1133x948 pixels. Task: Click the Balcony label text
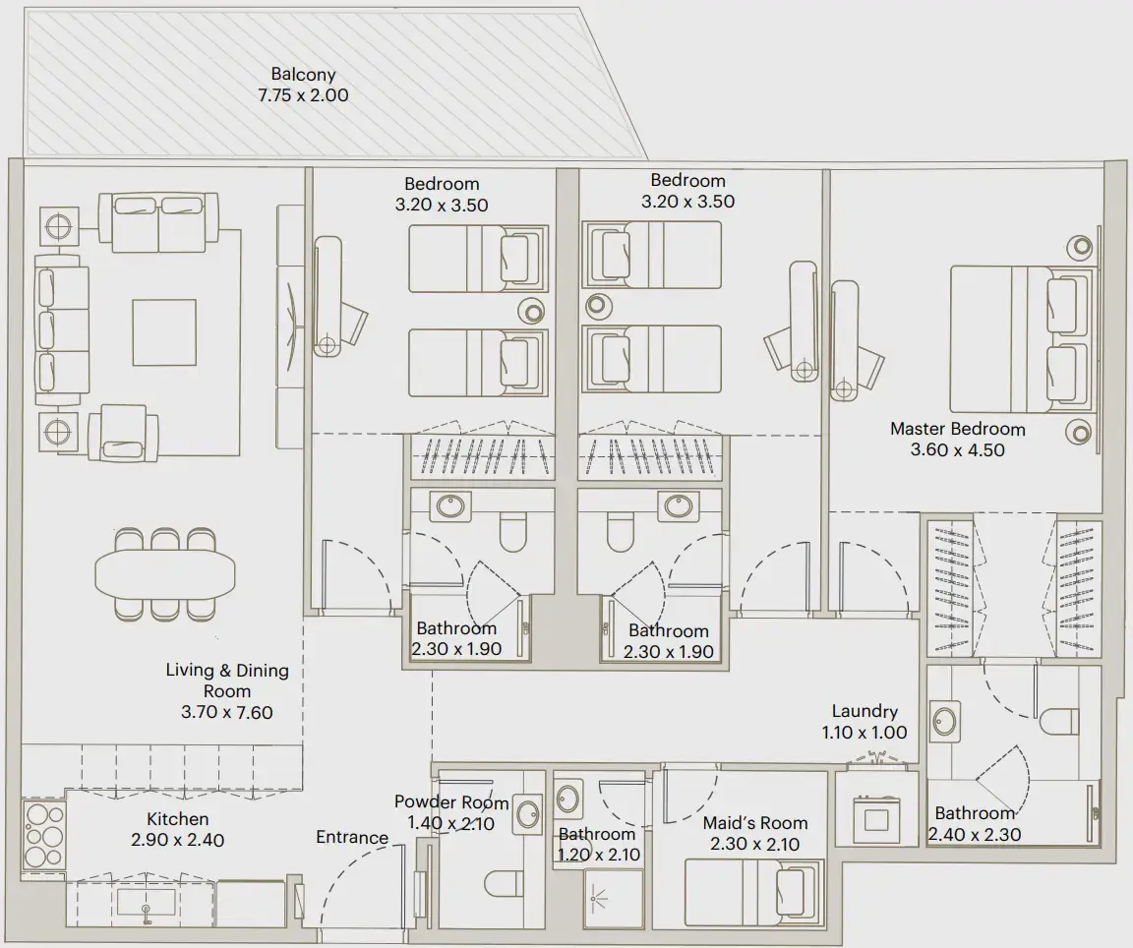pyautogui.click(x=304, y=75)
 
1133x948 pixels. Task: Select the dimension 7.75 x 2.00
pyautogui.click(x=304, y=96)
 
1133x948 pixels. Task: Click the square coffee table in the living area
pyautogui.click(x=165, y=330)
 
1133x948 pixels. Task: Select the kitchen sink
pyautogui.click(x=147, y=901)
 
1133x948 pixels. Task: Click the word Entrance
pyautogui.click(x=351, y=838)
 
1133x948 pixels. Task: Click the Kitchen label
pyautogui.click(x=178, y=819)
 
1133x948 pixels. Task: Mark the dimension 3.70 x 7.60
pyautogui.click(x=226, y=712)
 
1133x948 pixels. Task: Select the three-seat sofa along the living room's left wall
pyautogui.click(x=56, y=328)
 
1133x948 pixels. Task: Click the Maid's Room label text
pyautogui.click(x=755, y=823)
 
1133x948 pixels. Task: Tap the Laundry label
pyautogui.click(x=865, y=711)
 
